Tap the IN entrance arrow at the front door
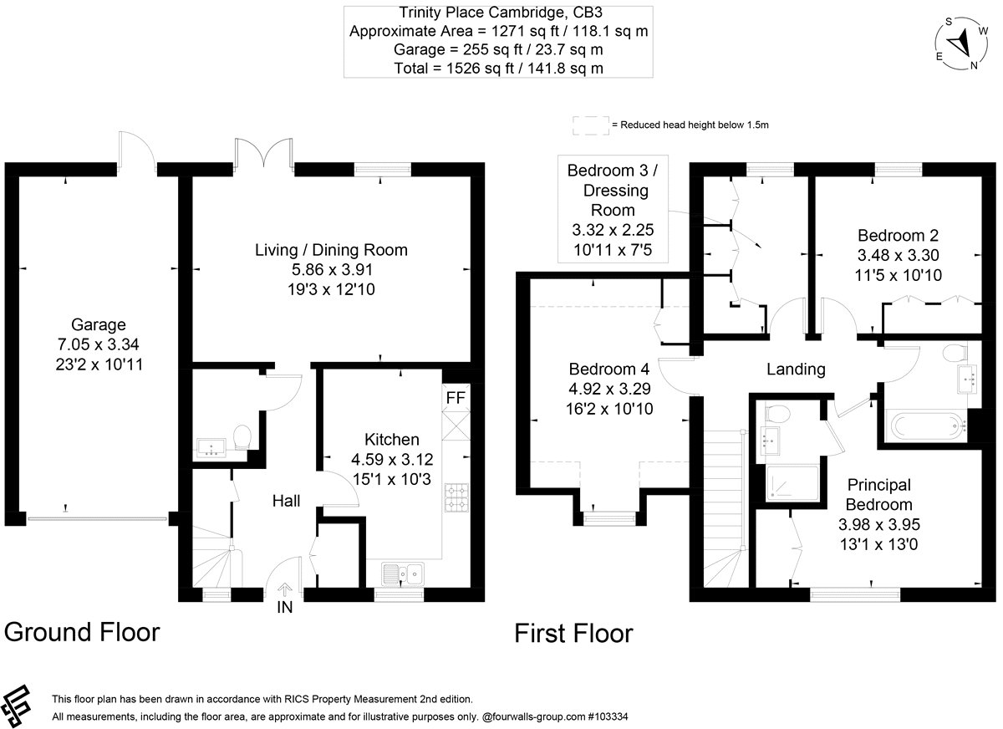285,589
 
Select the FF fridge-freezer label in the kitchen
456,398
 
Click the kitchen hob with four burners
456,497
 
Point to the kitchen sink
403,573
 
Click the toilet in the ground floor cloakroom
242,437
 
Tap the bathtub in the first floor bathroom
926,426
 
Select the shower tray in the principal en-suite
792,483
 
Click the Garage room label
98,324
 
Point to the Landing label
796,369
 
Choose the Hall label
286,501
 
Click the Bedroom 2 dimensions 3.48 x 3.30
898,255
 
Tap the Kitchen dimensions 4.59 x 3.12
392,459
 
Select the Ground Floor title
82,632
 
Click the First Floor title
573,633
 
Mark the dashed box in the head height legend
591,125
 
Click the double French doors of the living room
264,152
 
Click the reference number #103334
608,716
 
